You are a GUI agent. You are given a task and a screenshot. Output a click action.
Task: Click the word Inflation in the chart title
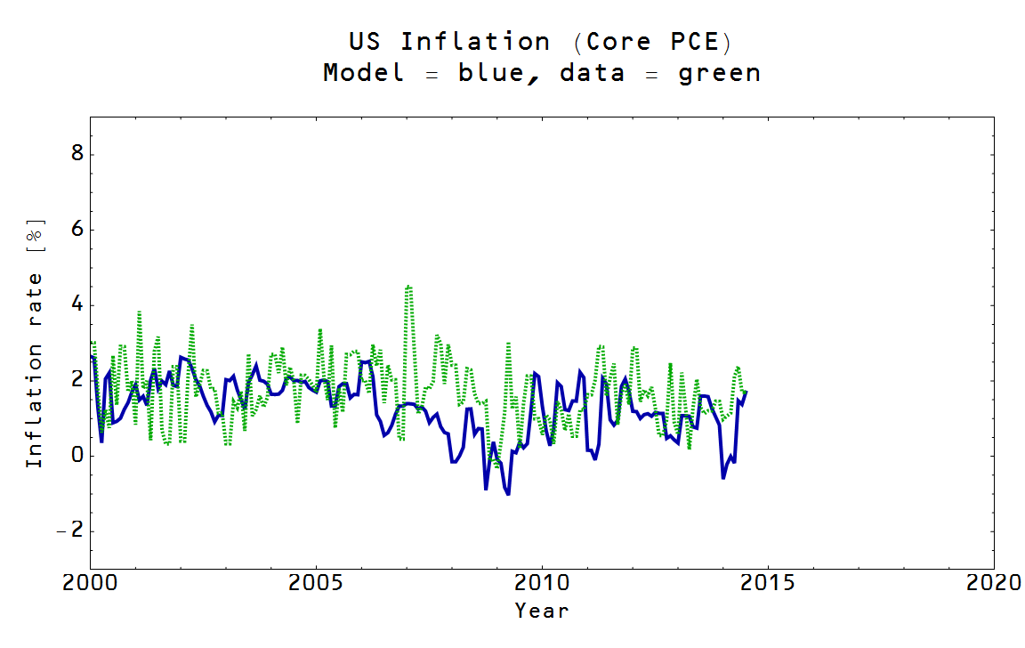(x=474, y=42)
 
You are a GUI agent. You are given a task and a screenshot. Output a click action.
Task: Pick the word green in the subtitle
(x=719, y=73)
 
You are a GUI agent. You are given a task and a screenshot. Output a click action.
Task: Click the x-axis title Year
(x=541, y=611)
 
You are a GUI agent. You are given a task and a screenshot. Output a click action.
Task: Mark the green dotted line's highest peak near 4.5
(x=408, y=287)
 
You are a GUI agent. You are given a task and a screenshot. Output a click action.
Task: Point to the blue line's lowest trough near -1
(x=507, y=493)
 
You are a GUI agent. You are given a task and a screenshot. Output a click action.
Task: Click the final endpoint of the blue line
(x=747, y=392)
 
